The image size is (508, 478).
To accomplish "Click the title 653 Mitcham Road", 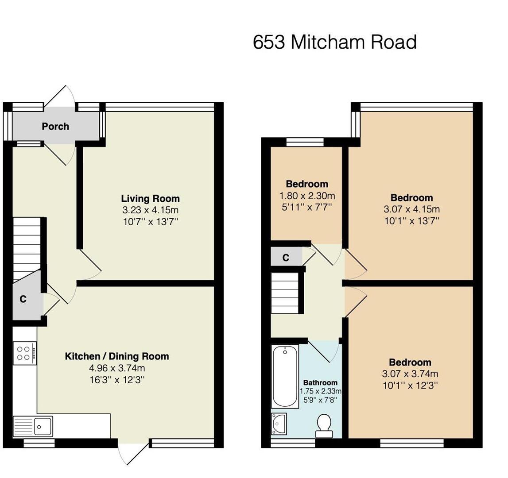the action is [335, 42].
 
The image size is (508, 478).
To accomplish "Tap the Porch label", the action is [55, 126].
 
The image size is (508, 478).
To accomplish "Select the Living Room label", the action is [150, 199].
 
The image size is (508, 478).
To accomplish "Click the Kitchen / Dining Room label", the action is [117, 356].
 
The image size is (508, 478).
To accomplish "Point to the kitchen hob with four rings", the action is [25, 353].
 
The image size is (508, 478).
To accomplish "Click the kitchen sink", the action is [33, 427].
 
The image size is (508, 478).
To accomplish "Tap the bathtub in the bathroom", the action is [285, 376].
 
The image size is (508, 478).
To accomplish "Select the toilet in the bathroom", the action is [324, 426].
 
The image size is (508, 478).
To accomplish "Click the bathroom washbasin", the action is [279, 424].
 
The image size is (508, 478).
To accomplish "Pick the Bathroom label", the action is [320, 382].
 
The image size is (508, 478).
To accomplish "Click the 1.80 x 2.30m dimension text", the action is [307, 196].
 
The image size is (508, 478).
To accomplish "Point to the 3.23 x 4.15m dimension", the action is [150, 210].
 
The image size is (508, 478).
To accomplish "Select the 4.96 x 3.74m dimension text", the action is [117, 368].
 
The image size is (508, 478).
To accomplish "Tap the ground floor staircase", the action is [27, 249].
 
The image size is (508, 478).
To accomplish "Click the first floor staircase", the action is [284, 293].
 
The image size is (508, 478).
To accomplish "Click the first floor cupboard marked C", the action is [287, 258].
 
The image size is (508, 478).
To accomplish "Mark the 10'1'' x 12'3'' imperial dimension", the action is [411, 385].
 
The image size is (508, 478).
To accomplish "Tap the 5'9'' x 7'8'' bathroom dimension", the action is [320, 400].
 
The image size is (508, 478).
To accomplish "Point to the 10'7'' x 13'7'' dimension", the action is [150, 222].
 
